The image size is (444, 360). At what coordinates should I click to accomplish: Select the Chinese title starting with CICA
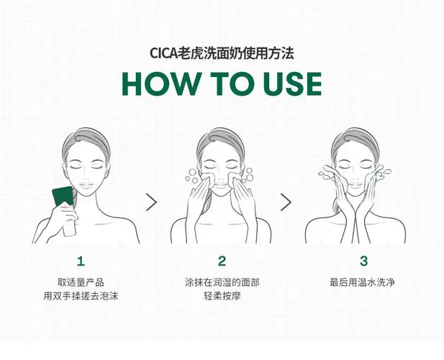point(222,53)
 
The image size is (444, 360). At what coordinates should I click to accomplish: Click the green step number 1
point(81,261)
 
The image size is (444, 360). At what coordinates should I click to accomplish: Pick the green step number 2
point(222,261)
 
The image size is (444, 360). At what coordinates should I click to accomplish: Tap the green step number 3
point(363,261)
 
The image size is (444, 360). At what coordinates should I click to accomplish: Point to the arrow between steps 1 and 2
point(151,202)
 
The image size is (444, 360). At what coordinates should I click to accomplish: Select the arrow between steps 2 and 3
point(286,202)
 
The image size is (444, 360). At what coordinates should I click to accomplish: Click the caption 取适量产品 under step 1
point(81,282)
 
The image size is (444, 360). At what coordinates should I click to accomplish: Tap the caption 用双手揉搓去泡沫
point(81,297)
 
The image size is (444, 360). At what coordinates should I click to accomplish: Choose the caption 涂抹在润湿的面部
point(222,282)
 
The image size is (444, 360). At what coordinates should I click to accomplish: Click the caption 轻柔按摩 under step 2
point(222,297)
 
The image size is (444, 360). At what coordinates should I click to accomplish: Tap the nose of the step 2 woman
point(218,175)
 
